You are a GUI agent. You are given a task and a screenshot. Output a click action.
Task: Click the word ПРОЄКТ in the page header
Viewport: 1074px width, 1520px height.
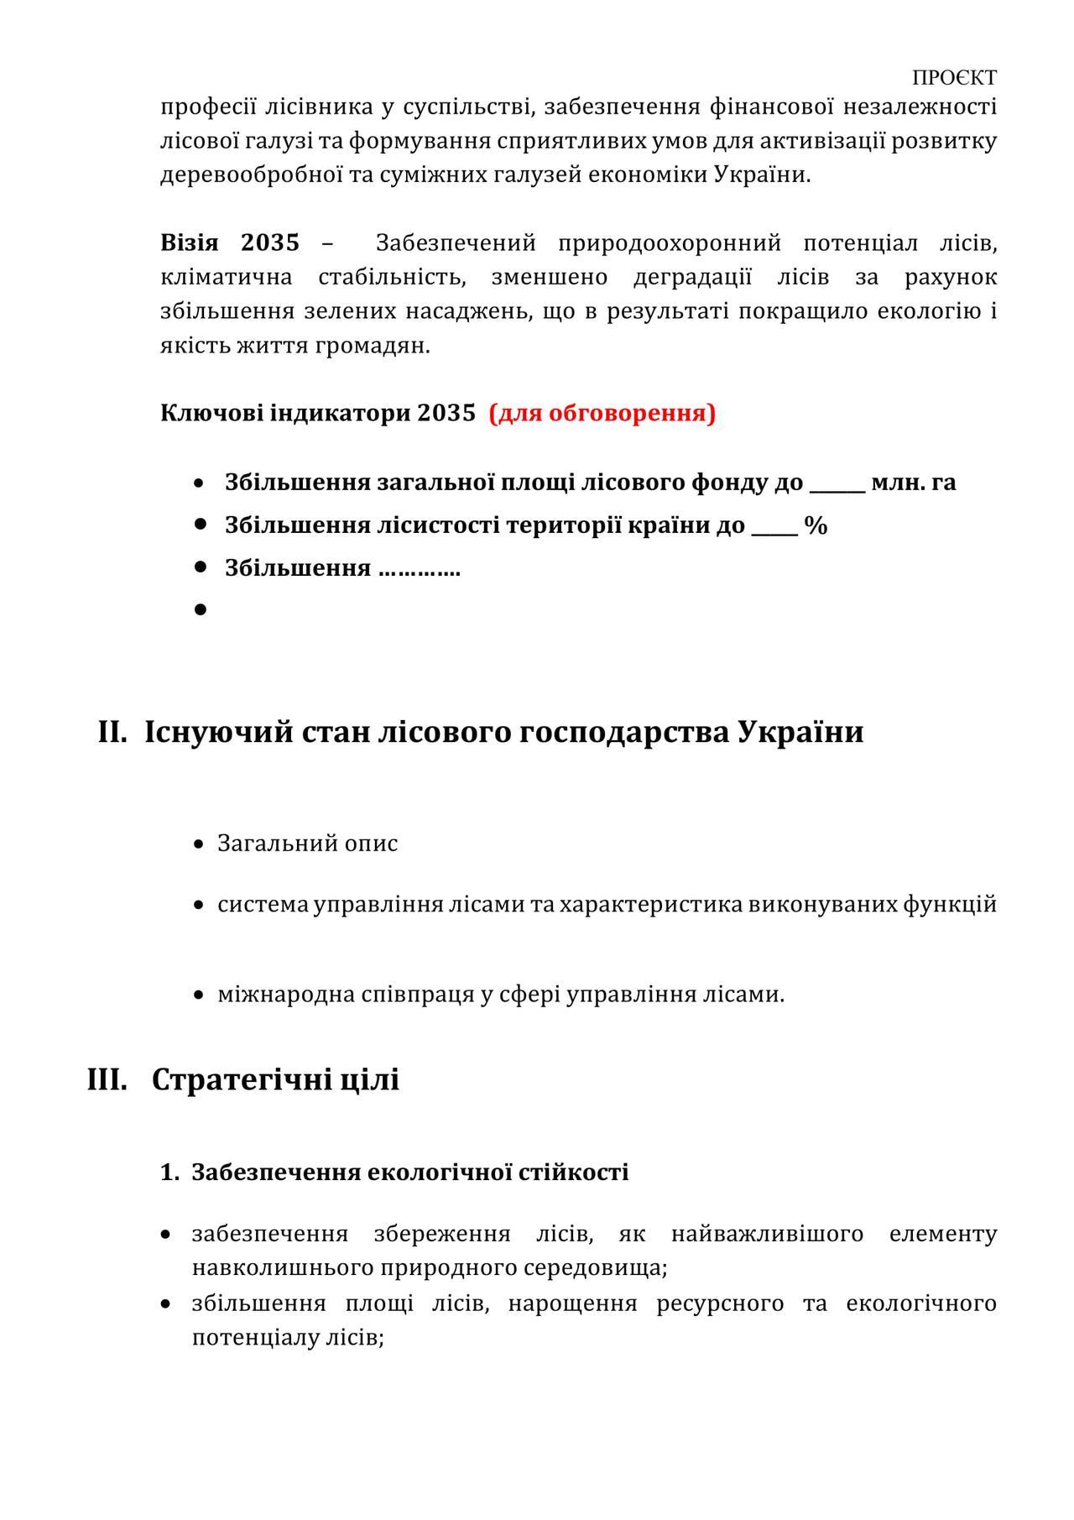[x=954, y=78]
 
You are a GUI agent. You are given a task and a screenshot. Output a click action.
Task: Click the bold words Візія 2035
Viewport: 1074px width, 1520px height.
[x=229, y=243]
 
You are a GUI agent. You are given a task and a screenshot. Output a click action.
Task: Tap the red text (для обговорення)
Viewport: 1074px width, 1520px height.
[x=602, y=413]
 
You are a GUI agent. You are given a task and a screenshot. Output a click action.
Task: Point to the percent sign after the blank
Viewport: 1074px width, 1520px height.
[x=816, y=526]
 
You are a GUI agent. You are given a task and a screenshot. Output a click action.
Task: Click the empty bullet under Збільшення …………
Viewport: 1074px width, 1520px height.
[x=200, y=609]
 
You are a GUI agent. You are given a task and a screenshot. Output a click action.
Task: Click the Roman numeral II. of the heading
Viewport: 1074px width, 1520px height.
[x=112, y=732]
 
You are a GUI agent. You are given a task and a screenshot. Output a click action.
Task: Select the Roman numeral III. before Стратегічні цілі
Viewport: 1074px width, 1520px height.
[x=107, y=1079]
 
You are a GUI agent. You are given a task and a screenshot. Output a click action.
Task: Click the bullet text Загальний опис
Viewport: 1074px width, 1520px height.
[x=307, y=843]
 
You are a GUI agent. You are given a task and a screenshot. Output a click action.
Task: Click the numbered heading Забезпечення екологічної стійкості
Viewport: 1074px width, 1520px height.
[x=409, y=1173]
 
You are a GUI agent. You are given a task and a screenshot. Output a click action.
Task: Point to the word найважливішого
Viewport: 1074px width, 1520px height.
[x=767, y=1234]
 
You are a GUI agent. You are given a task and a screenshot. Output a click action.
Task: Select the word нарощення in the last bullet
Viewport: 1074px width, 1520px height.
[x=571, y=1303]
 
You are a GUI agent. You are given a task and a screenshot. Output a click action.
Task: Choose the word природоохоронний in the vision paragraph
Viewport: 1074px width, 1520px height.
[x=669, y=243]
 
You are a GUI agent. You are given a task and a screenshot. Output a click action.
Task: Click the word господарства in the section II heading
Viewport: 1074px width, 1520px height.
[x=625, y=732]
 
